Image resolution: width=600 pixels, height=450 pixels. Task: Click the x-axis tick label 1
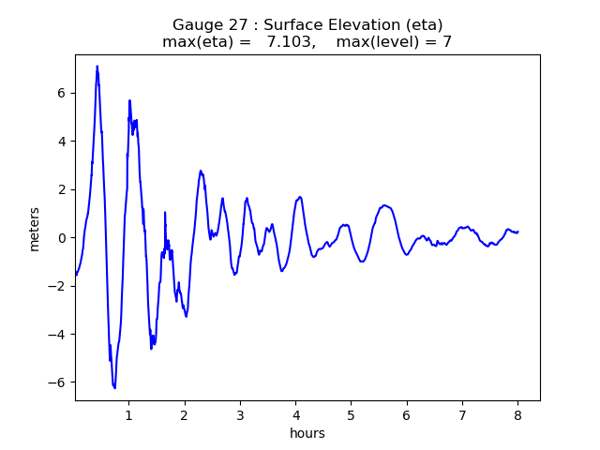click(x=129, y=414)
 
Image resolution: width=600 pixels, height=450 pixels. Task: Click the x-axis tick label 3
click(x=240, y=414)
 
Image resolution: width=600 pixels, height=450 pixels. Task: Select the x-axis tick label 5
click(x=351, y=414)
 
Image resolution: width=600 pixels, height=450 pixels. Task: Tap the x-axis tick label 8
click(x=517, y=414)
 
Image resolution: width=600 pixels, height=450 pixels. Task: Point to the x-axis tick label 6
click(x=407, y=414)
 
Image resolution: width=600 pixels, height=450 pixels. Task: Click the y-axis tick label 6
click(x=62, y=93)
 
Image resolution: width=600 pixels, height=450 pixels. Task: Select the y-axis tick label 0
click(x=62, y=238)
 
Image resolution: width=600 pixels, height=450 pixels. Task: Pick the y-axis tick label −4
click(x=58, y=335)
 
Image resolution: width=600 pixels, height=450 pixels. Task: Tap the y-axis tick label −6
click(x=58, y=382)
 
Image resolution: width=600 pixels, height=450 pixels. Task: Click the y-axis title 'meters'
click(x=35, y=228)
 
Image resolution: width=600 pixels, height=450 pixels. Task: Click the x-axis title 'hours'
click(x=307, y=433)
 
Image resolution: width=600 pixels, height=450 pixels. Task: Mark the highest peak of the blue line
click(x=97, y=66)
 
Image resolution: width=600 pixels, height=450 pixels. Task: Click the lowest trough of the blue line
click(x=114, y=388)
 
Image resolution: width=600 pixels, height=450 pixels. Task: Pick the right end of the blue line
click(x=517, y=232)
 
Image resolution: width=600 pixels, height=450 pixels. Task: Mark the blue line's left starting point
click(x=75, y=275)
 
